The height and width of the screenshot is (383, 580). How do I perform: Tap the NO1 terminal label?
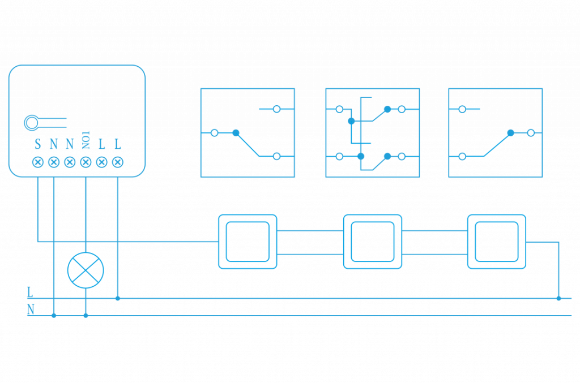pyautogui.click(x=86, y=140)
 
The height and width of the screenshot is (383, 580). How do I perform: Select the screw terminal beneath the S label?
pyautogui.click(x=37, y=162)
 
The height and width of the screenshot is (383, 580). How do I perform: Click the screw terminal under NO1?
pyautogui.click(x=86, y=162)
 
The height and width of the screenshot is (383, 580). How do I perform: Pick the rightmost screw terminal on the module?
pyautogui.click(x=117, y=162)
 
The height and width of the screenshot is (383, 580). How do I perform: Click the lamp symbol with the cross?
pyautogui.click(x=86, y=270)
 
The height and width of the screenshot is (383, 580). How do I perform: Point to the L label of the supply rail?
pyautogui.click(x=30, y=292)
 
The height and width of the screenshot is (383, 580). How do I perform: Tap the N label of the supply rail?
pyautogui.click(x=31, y=310)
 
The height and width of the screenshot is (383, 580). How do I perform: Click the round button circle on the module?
pyautogui.click(x=31, y=122)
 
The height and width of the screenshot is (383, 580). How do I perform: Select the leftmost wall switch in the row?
pyautogui.click(x=248, y=242)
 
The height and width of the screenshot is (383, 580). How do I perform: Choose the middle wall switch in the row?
pyautogui.click(x=373, y=242)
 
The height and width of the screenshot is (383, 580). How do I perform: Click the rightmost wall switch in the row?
pyautogui.click(x=496, y=242)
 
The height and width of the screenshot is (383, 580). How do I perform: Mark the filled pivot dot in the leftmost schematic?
pyautogui.click(x=236, y=132)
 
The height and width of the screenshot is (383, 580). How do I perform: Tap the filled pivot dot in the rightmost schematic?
pyautogui.click(x=510, y=132)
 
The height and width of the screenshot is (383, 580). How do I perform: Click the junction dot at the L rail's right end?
pyautogui.click(x=558, y=298)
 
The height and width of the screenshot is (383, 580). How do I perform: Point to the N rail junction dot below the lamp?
pyautogui.click(x=86, y=315)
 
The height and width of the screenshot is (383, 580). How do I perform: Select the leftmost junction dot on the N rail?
pyautogui.click(x=54, y=315)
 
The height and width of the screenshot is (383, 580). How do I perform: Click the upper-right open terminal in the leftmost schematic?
pyautogui.click(x=276, y=109)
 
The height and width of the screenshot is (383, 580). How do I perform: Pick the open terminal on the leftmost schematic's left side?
pyautogui.click(x=214, y=132)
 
